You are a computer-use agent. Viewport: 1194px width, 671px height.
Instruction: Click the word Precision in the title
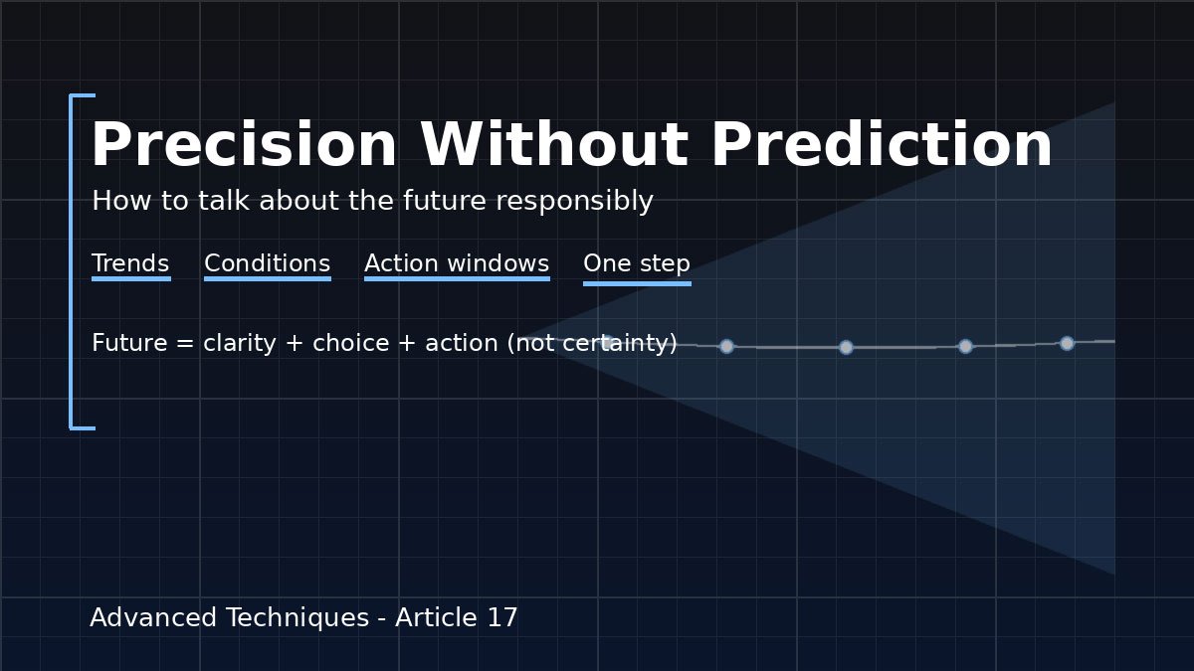pyautogui.click(x=245, y=144)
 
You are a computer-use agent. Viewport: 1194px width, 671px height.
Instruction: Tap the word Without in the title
pyautogui.click(x=554, y=144)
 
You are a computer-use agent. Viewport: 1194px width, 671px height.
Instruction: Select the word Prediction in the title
pyautogui.click(x=883, y=144)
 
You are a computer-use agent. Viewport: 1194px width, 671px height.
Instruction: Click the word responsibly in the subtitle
pyautogui.click(x=575, y=202)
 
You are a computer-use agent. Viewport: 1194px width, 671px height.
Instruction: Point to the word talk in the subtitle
pyautogui.click(x=224, y=201)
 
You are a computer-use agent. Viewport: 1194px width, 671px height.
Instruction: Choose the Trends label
pyautogui.click(x=130, y=263)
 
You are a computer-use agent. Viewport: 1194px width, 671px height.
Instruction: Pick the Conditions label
pyautogui.click(x=267, y=263)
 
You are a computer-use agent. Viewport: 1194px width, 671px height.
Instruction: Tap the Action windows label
pyautogui.click(x=457, y=263)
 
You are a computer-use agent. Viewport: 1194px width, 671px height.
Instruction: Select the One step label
pyautogui.click(x=637, y=264)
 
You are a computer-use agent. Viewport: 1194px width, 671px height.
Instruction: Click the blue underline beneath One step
pyautogui.click(x=637, y=284)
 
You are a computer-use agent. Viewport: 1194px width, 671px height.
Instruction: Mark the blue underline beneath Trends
pyautogui.click(x=131, y=278)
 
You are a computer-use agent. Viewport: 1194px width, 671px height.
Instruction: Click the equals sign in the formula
pyautogui.click(x=185, y=344)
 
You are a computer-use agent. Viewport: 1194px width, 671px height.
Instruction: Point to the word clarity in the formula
pyautogui.click(x=240, y=344)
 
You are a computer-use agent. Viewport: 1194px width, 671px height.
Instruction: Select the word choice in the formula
pyautogui.click(x=350, y=342)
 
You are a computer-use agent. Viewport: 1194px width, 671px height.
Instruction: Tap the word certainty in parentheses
pyautogui.click(x=616, y=344)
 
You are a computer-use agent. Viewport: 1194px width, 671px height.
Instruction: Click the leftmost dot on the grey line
pyautogui.click(x=726, y=347)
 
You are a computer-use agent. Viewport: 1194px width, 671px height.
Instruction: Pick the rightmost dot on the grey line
pyautogui.click(x=1067, y=344)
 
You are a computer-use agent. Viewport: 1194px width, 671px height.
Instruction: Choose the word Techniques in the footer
pyautogui.click(x=298, y=618)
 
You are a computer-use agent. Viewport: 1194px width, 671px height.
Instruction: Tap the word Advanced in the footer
pyautogui.click(x=153, y=617)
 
